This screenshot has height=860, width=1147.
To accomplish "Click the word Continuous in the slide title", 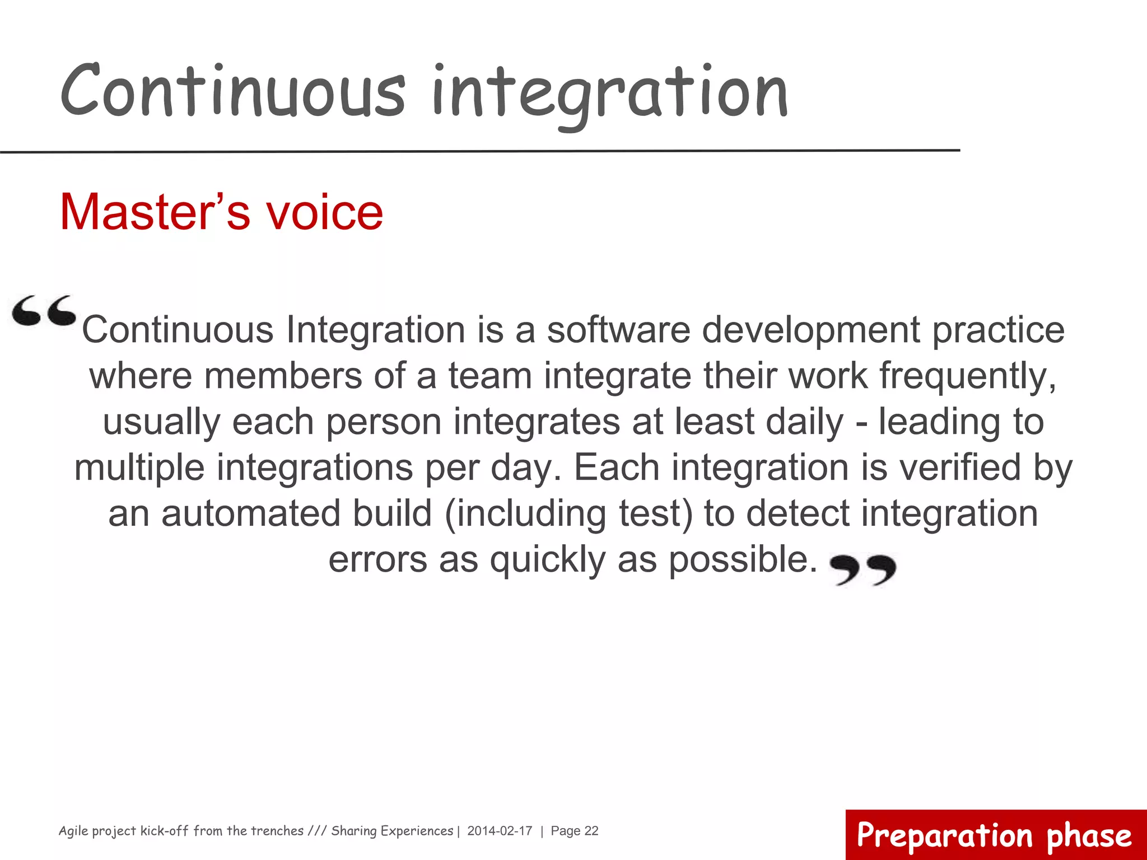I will coord(232,91).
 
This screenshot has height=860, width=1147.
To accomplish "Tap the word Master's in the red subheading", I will coord(155,212).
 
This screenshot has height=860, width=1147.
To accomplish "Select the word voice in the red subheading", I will coord(324,212).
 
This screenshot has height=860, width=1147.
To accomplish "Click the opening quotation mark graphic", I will coord(44,311).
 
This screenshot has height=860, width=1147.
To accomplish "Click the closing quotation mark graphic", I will coord(862,569).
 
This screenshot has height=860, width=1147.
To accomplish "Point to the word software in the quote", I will coord(618,330).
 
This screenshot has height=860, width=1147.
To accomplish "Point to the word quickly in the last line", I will coord(548,559).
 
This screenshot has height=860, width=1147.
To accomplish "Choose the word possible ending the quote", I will coord(743,559).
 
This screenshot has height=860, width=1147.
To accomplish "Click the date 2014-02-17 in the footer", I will coord(500,831).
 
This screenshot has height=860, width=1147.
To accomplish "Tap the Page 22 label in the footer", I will coord(575,831).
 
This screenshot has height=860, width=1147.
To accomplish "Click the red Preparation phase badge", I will coord(995,835).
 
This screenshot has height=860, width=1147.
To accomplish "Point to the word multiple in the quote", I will coord(139,468).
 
